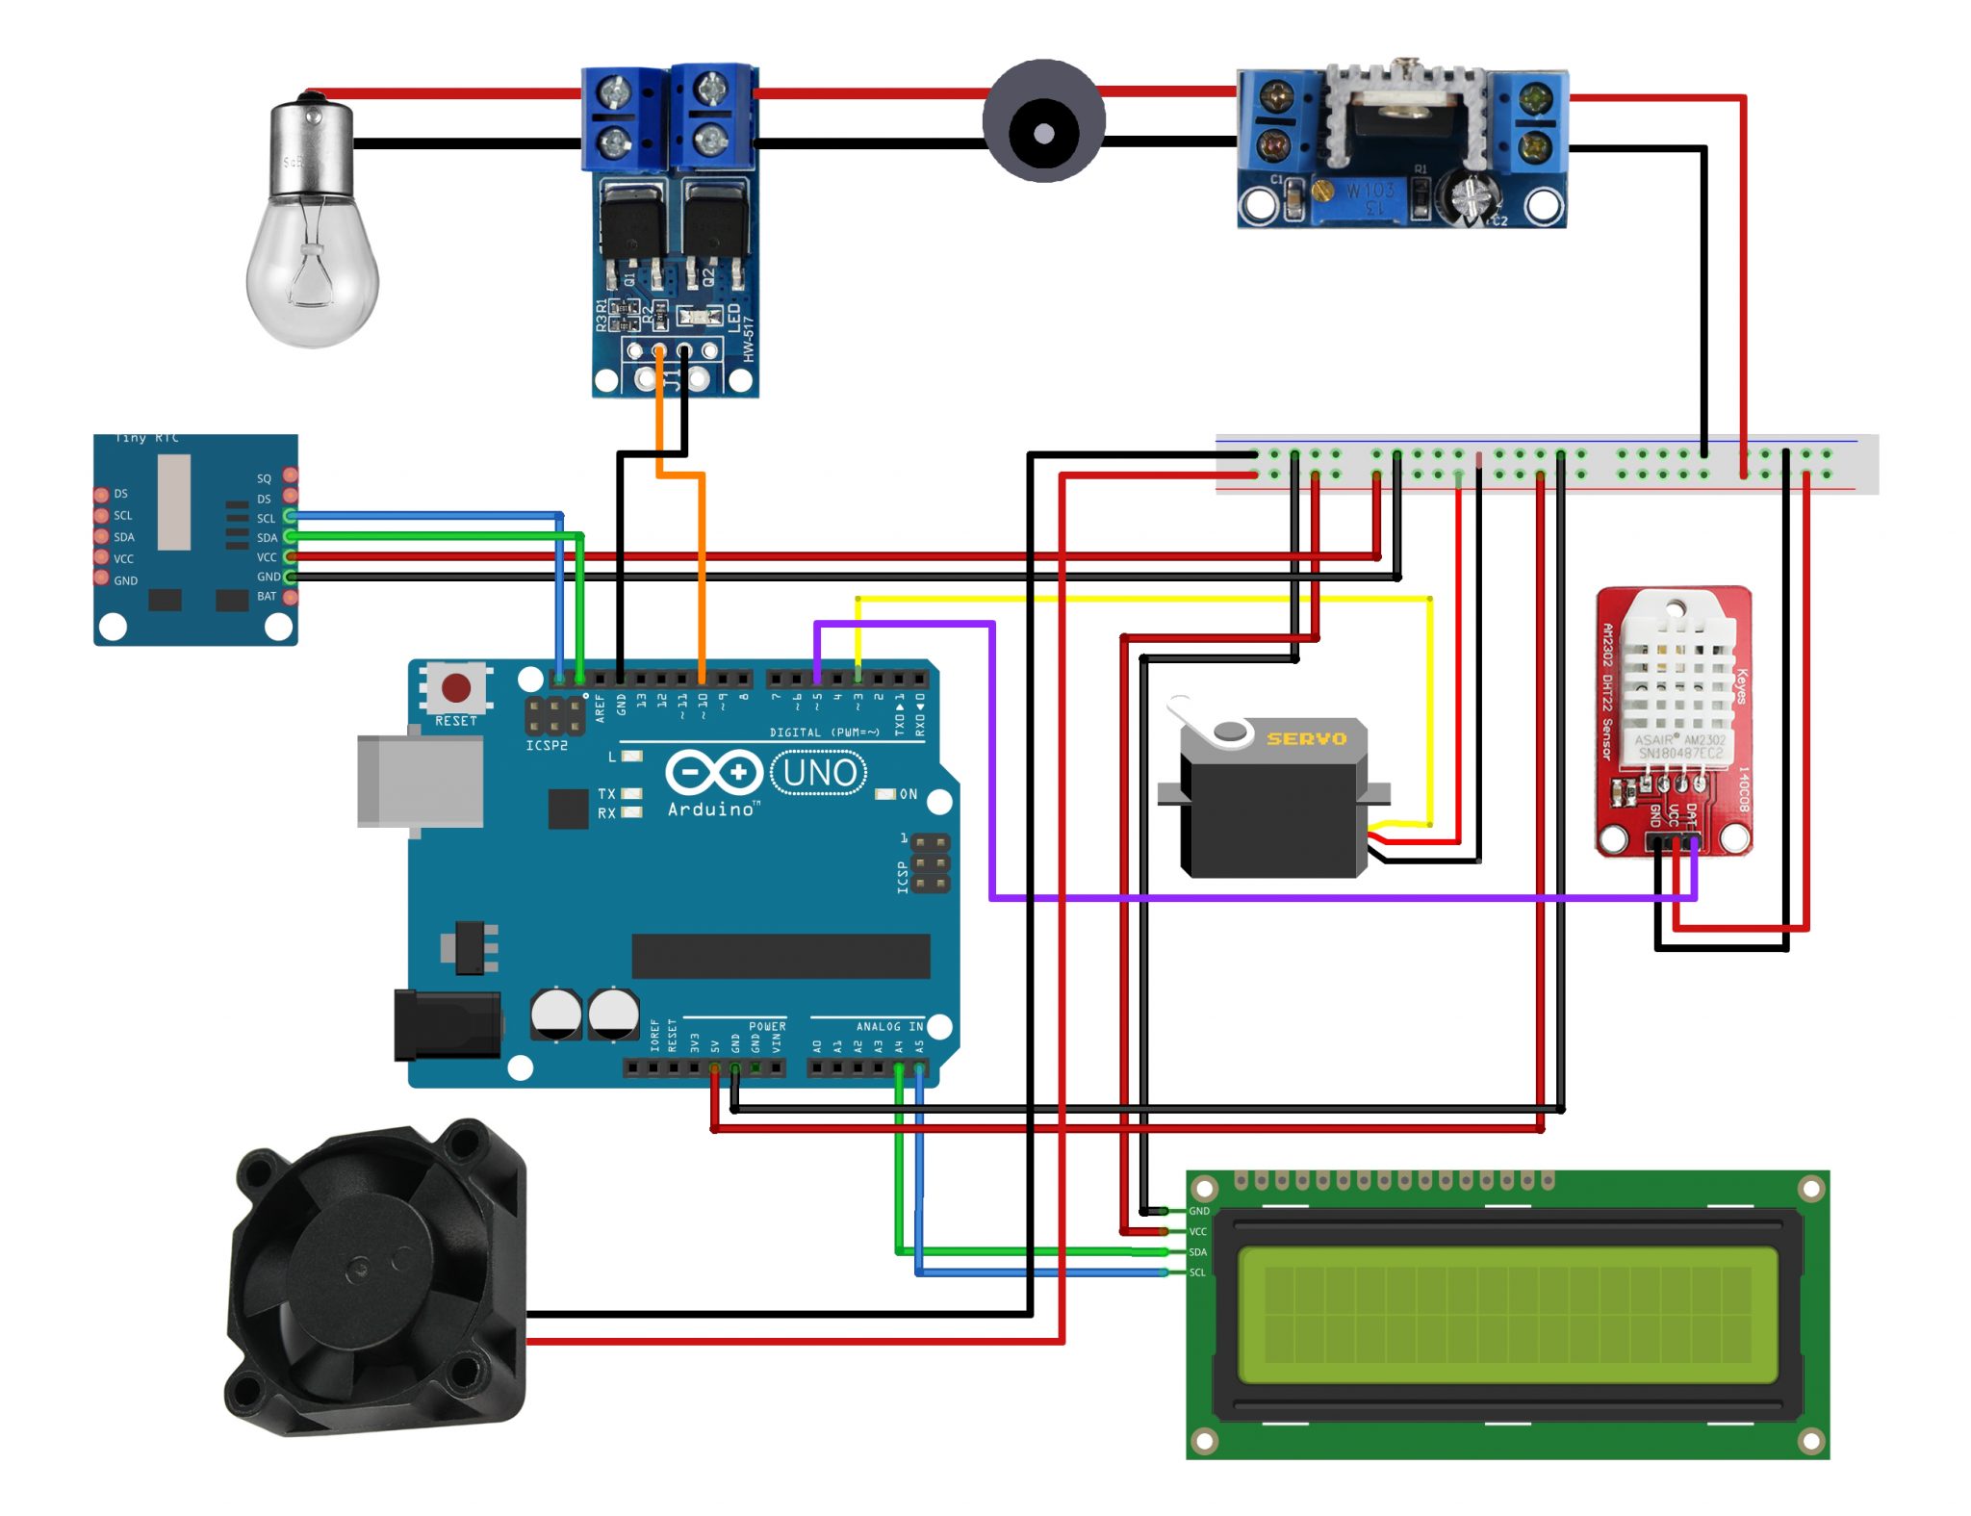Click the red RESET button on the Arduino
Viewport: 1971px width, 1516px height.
(455, 687)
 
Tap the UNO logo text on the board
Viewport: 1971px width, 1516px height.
(819, 772)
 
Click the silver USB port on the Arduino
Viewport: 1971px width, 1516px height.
(420, 781)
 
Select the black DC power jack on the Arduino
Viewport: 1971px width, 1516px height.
(447, 1025)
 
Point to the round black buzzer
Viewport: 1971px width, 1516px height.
(1043, 122)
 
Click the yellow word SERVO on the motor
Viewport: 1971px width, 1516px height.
(1306, 738)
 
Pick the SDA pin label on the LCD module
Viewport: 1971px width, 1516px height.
(1197, 1252)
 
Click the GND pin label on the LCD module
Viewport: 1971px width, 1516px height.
(1198, 1211)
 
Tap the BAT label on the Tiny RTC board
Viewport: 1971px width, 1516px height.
(267, 596)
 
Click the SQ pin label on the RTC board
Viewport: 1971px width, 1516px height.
(264, 478)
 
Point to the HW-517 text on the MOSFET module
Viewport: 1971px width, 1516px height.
(749, 339)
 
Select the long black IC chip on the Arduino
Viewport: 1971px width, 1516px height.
(781, 955)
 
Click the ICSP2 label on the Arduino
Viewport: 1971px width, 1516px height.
(546, 746)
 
